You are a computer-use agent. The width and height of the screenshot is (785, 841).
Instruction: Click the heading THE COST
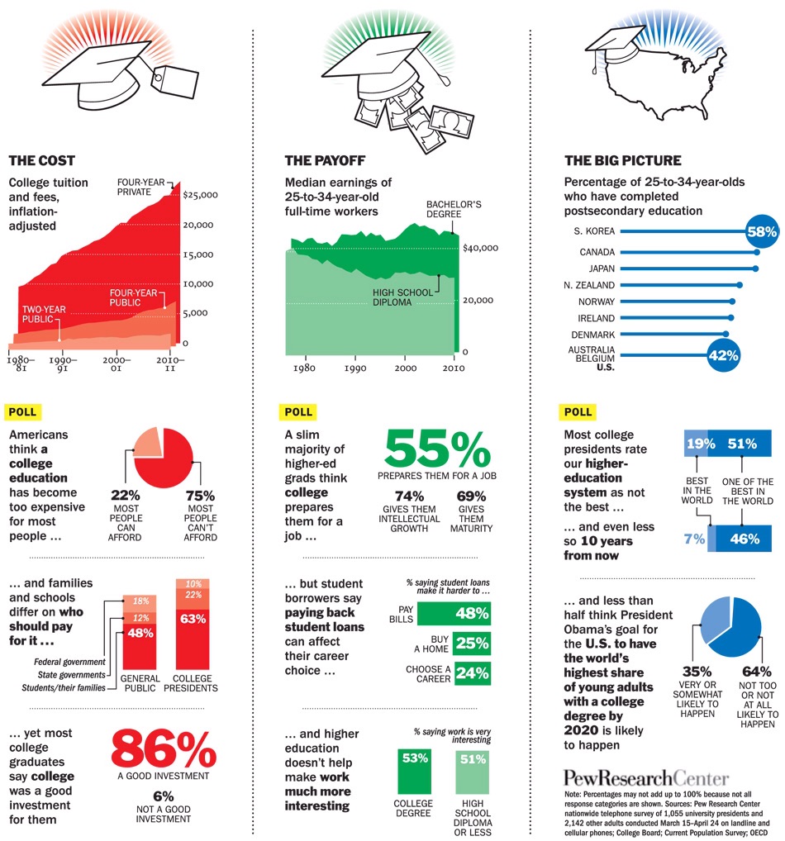tap(41, 161)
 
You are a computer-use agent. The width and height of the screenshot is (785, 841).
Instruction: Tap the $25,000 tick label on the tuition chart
tap(201, 195)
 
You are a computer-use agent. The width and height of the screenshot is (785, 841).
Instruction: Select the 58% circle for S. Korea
tap(761, 231)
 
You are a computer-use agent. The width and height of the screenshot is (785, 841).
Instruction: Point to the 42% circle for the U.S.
tap(722, 357)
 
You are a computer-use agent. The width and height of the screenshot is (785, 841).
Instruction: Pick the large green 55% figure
tap(437, 451)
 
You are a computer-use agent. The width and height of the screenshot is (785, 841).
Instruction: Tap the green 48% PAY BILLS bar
tap(454, 614)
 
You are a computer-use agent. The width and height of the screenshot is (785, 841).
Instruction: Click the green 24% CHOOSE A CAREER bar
tap(471, 672)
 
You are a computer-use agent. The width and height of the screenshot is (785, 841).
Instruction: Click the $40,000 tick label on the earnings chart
tap(480, 248)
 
